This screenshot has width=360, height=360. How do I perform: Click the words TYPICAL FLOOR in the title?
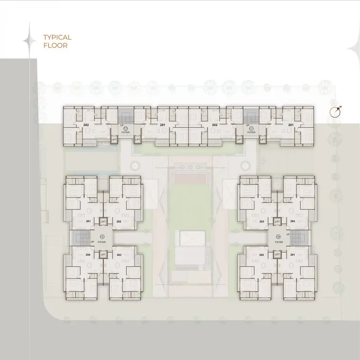pyautogui.click(x=57, y=41)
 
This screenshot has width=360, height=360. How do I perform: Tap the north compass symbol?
pyautogui.click(x=336, y=112)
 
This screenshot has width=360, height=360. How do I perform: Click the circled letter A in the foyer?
pyautogui.click(x=126, y=128)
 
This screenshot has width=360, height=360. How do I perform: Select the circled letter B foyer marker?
pyautogui.click(x=251, y=128)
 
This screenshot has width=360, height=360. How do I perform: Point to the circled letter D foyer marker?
pyautogui.click(x=102, y=237)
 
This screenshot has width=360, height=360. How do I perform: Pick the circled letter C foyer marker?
pyautogui.click(x=279, y=237)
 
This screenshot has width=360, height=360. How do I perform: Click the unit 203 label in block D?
pyautogui.click(x=119, y=255)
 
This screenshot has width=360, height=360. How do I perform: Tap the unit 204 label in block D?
pyautogui.click(x=88, y=255)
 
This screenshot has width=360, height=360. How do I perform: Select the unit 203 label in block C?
pyautogui.click(x=261, y=221)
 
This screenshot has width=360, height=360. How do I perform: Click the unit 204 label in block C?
pyautogui.click(x=292, y=221)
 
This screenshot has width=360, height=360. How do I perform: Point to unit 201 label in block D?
pyautogui.click(x=88, y=221)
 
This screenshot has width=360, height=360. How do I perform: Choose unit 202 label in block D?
pyautogui.click(x=119, y=221)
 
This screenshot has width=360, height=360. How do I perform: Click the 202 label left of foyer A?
pyautogui.click(x=86, y=125)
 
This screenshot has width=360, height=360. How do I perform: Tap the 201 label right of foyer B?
pyautogui.click(x=290, y=125)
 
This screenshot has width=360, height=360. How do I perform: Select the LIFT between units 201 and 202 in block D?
pyautogui.click(x=103, y=221)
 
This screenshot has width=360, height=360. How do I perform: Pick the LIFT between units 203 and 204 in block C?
pyautogui.click(x=277, y=221)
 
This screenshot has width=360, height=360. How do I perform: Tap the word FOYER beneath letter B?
pyautogui.click(x=251, y=133)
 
